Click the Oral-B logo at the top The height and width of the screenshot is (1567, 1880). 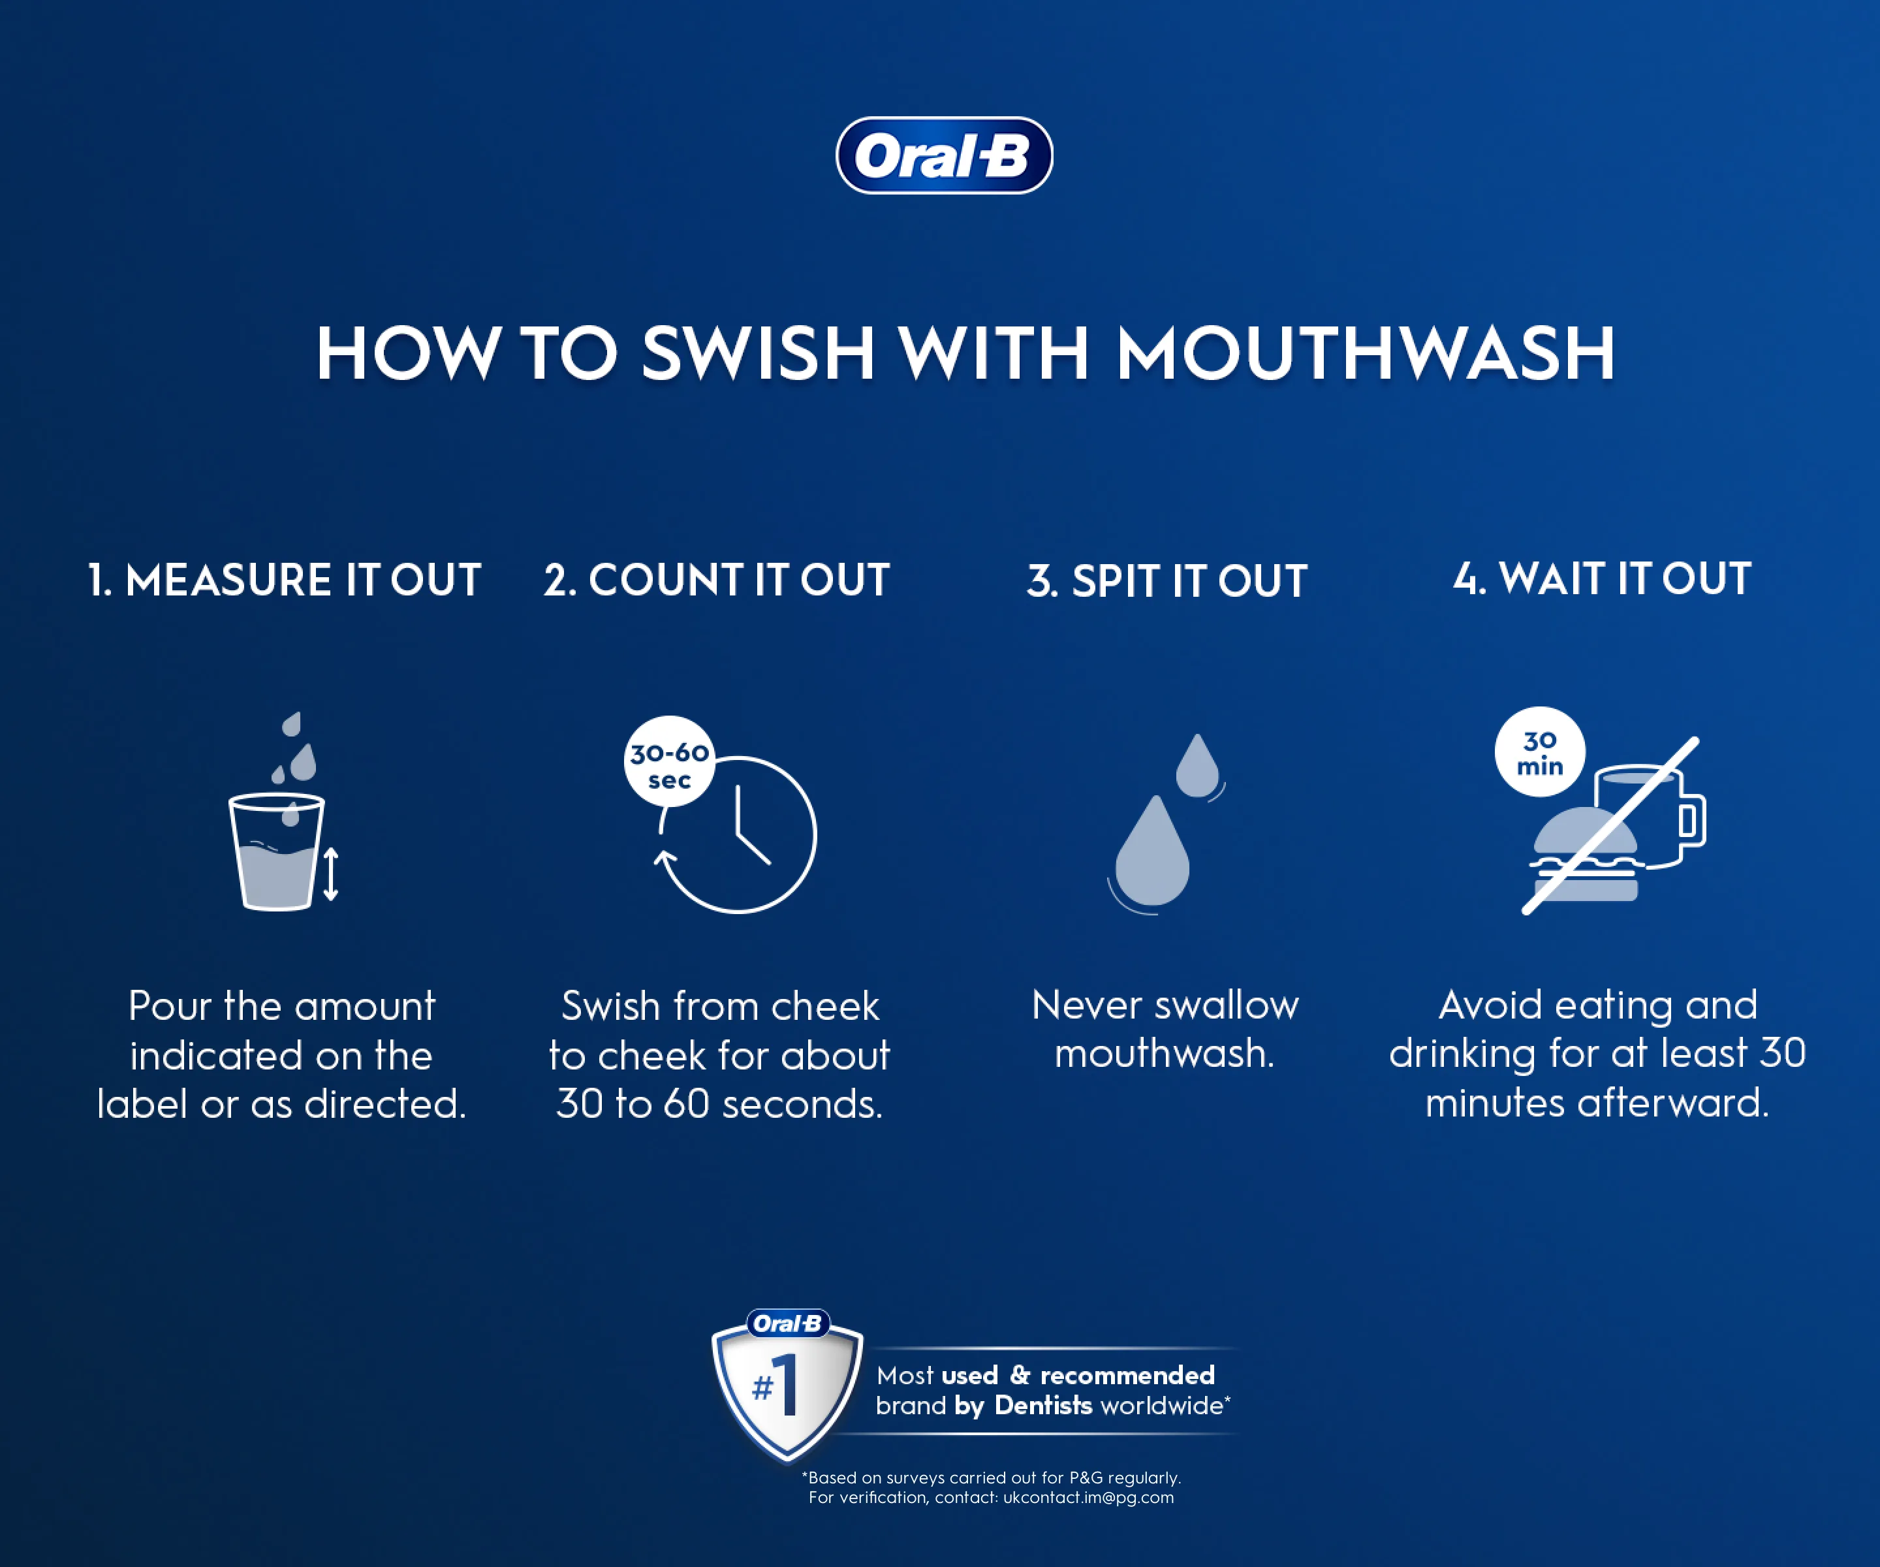(943, 156)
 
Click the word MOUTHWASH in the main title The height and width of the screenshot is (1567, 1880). (1365, 354)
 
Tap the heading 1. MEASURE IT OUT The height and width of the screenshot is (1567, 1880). (285, 580)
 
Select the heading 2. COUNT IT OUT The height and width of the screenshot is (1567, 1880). (716, 580)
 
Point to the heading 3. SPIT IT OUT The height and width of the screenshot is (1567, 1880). (1167, 581)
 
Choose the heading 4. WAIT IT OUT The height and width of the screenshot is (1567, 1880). (1601, 578)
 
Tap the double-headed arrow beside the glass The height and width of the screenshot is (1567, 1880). (330, 873)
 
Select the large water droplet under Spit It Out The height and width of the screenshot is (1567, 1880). (1152, 855)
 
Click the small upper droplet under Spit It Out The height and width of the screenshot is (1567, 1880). (1197, 767)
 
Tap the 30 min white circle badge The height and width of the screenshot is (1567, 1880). (1539, 752)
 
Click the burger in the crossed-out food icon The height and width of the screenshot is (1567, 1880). (1584, 855)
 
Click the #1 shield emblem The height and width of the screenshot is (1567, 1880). (786, 1388)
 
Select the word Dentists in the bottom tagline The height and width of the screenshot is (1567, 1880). (1043, 1406)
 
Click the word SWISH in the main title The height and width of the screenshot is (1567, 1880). (757, 354)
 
